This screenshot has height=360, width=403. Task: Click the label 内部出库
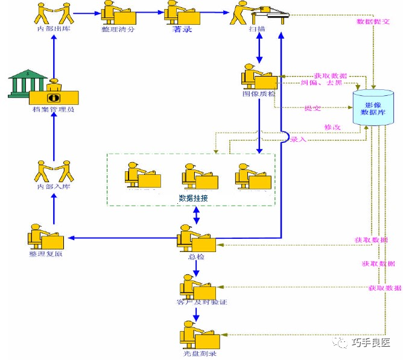pos(54,29)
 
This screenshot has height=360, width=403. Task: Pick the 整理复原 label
pos(46,254)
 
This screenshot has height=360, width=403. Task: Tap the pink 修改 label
pos(332,127)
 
